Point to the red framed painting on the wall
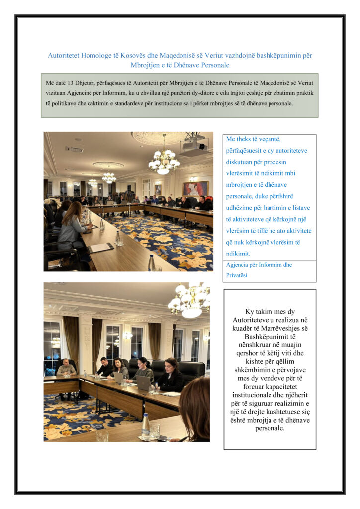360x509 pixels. pos(196,189)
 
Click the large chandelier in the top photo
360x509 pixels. pos(164,160)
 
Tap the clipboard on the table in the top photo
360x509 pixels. pos(100,247)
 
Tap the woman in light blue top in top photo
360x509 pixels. pos(71,226)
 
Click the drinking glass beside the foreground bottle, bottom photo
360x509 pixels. pos(155,430)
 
